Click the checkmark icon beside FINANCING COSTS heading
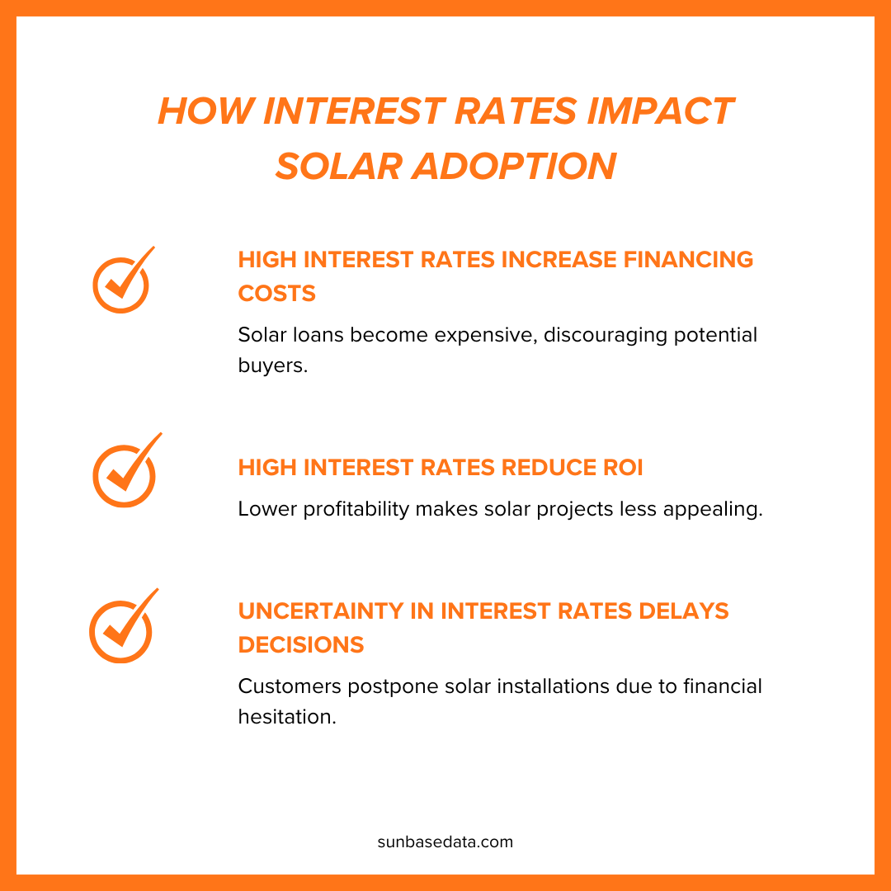pos(122,280)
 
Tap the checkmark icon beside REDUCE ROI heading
pos(125,472)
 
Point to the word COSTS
pos(277,293)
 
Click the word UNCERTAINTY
pos(335,611)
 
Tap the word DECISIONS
pos(301,645)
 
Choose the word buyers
pos(272,365)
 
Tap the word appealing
pos(714,509)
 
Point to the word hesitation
pos(286,716)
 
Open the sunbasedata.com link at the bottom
pos(445,842)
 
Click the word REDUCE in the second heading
pos(540,468)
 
